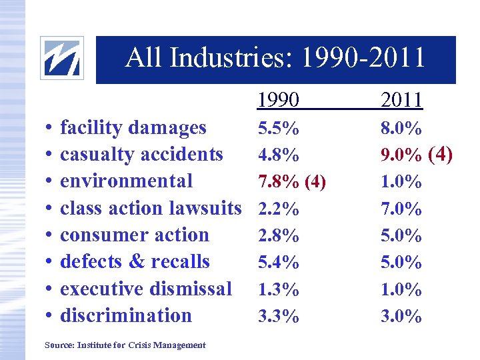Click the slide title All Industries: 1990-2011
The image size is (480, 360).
pos(275,59)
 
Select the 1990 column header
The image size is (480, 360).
pos(279,101)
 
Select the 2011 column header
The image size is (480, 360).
pos(401,101)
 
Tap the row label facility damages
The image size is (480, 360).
pos(133,127)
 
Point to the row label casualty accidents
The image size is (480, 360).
pos(141,154)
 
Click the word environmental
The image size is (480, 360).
pos(127,181)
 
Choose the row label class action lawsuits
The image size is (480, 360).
pos(151,208)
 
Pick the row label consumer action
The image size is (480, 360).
pos(135,235)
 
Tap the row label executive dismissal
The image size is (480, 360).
pos(146,289)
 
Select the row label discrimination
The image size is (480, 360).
pos(126,315)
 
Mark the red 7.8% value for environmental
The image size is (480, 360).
pos(278,182)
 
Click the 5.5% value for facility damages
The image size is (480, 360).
pos(278,128)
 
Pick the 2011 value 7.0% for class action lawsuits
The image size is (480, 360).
pos(401,209)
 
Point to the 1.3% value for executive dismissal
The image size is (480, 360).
pos(278,290)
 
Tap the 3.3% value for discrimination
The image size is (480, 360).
pos(278,317)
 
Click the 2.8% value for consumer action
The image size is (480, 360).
pos(278,236)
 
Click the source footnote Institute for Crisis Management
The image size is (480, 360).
pos(125,345)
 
